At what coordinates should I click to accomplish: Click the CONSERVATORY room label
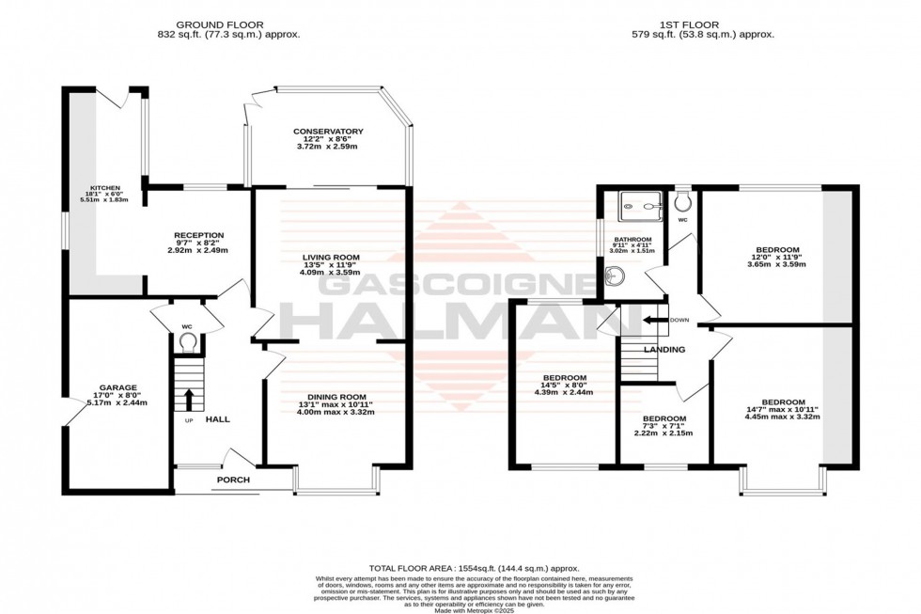[x=327, y=132]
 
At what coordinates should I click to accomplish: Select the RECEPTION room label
[x=197, y=235]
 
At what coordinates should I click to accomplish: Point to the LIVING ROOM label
[x=331, y=257]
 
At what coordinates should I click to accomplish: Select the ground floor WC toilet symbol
[x=188, y=342]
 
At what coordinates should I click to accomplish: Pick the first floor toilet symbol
[x=682, y=202]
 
